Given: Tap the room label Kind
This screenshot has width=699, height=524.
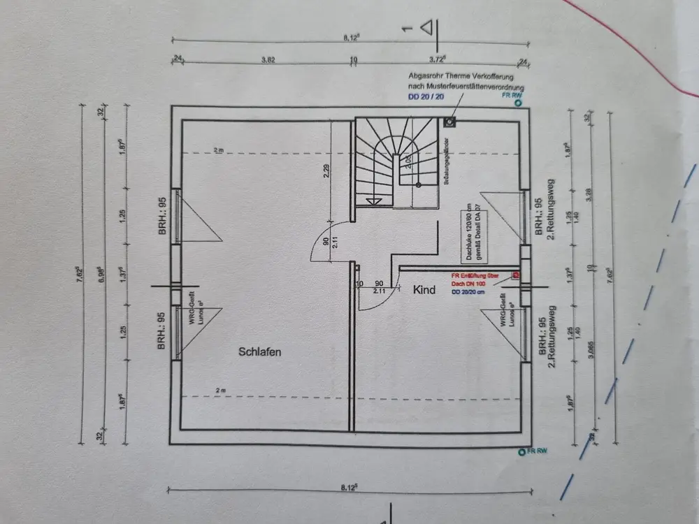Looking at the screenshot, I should [424, 289].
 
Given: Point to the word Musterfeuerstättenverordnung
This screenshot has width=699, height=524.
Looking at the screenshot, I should [482, 85].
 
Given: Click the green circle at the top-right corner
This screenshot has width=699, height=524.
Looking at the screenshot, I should [518, 103].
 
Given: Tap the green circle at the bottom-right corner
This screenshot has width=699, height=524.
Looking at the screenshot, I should [521, 453].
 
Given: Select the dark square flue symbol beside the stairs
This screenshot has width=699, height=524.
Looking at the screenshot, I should [449, 123].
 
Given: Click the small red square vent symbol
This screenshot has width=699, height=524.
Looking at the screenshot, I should [516, 275].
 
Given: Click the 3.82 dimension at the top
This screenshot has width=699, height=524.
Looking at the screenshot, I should [268, 60].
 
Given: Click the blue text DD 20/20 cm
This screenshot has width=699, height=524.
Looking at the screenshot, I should [468, 292].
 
